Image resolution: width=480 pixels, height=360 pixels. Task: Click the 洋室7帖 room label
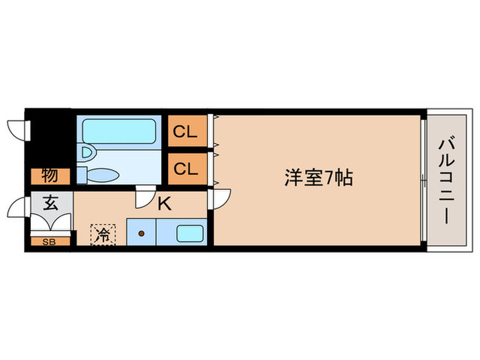319,178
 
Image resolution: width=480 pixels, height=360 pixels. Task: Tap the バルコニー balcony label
445,180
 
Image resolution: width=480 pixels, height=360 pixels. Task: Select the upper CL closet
185,132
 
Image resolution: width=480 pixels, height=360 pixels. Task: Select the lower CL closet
185,168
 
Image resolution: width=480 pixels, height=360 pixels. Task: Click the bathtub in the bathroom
118,131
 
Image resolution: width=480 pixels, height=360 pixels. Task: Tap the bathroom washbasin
86,152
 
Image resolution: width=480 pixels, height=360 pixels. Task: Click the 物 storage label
49,176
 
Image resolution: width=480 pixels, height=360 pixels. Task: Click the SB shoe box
50,241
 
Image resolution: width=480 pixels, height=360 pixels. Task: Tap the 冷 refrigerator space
104,235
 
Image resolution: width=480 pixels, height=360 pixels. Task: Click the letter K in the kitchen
165,203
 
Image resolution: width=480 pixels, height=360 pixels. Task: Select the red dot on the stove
141,233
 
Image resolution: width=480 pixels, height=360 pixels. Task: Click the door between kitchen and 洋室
219,200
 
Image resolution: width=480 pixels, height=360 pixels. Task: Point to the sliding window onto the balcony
424,180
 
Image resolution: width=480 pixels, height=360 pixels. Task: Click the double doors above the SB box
51,223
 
